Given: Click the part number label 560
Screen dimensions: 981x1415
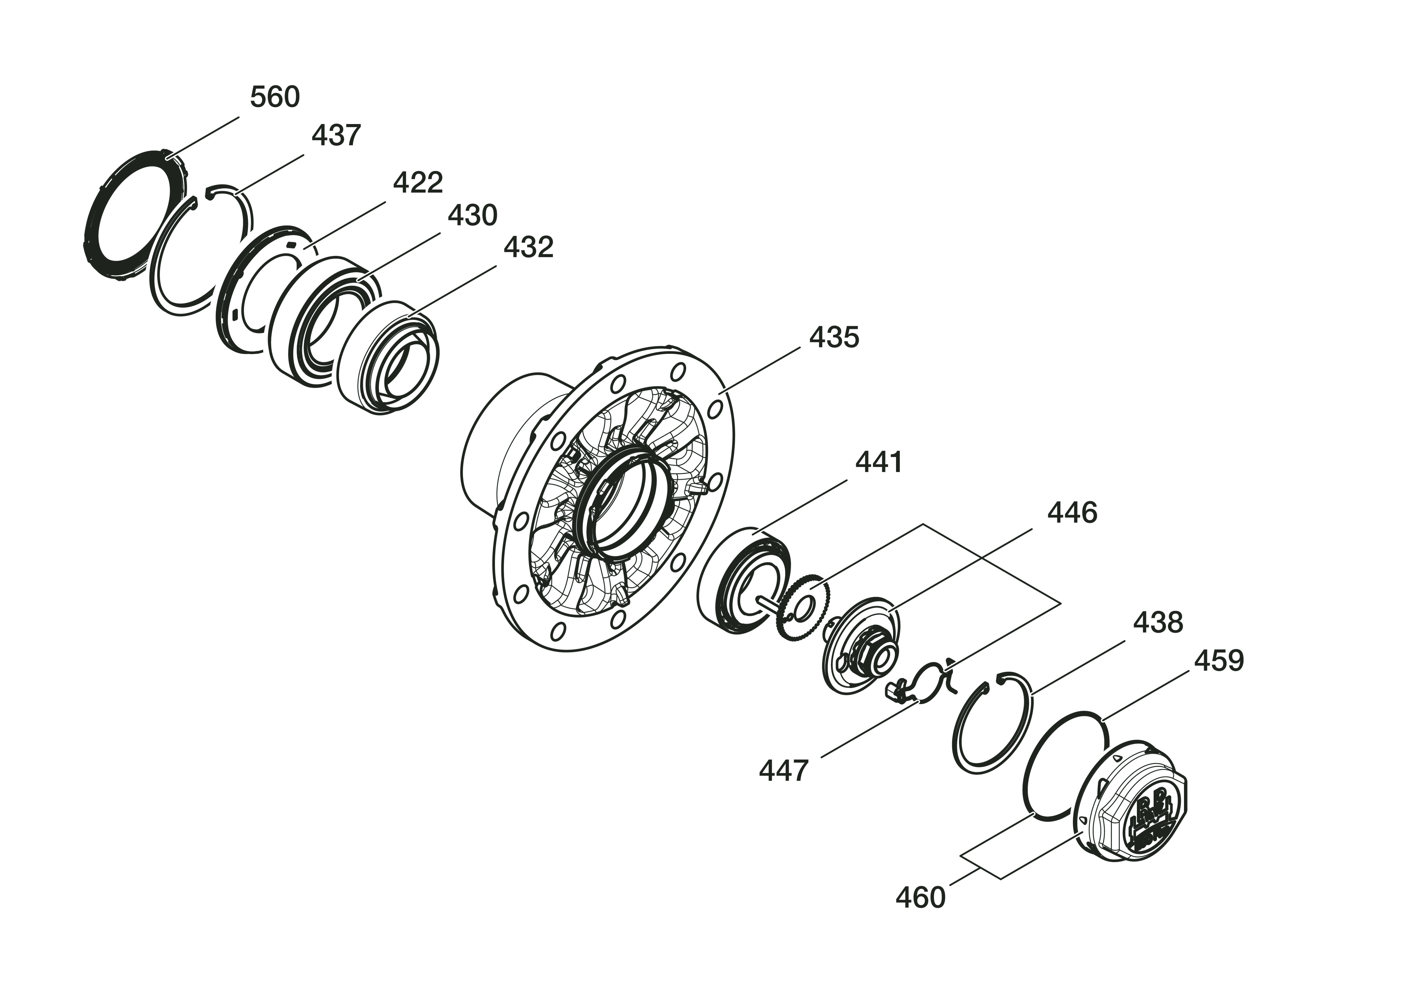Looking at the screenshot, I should [x=275, y=97].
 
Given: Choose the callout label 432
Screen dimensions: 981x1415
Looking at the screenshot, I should [x=528, y=247].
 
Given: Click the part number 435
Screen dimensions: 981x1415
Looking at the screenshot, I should [x=834, y=337].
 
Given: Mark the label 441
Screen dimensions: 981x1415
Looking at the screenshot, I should [x=879, y=462].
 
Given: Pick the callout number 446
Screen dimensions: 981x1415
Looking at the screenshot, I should [x=1072, y=513].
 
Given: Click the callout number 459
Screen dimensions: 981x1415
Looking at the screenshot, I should [x=1219, y=661].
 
